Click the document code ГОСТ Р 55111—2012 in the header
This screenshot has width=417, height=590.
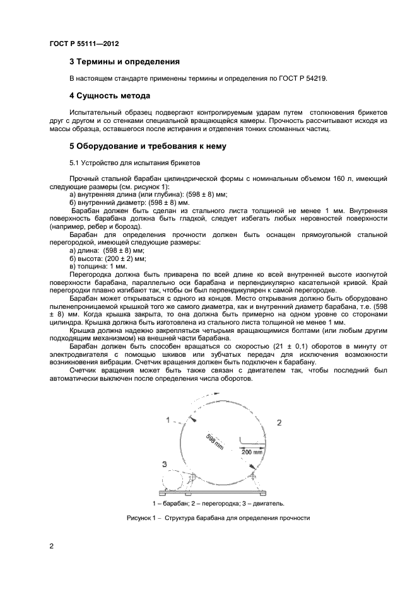[x=84, y=43]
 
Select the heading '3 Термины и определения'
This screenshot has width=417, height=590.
[x=124, y=62]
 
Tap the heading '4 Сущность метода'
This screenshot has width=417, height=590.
[x=109, y=96]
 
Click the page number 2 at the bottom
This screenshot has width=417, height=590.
[x=52, y=546]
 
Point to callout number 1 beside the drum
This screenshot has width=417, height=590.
[x=168, y=419]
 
